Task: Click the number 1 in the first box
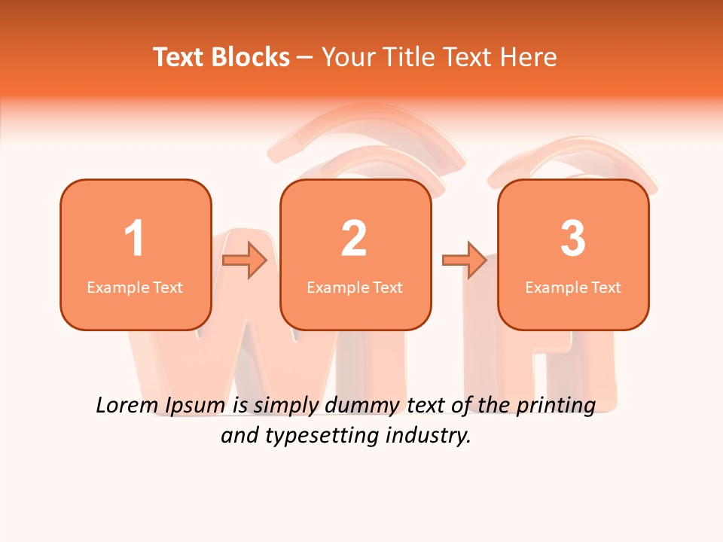point(134,239)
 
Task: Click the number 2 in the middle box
point(354,239)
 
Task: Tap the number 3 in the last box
point(573,239)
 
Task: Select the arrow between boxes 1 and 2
point(246,260)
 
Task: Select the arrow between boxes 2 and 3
point(465,260)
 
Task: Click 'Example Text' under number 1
point(135,287)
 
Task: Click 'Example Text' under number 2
point(355,287)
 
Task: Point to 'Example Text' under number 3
point(573,287)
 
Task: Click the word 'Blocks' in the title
point(250,57)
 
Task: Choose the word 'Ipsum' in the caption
point(194,406)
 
